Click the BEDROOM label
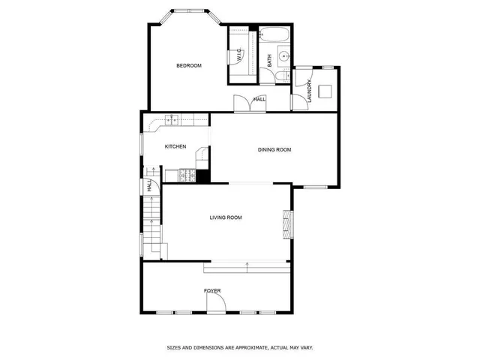tap(189, 66)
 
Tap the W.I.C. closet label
tap(238, 55)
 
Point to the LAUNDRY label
tap(308, 90)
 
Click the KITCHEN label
tap(175, 146)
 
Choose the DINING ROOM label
tap(274, 150)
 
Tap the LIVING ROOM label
tap(226, 217)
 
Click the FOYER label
tap(212, 290)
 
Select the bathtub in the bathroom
tap(274, 34)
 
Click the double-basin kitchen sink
tap(172, 119)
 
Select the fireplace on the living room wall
tap(286, 223)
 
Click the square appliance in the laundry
tap(325, 91)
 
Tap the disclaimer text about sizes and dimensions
tap(239, 347)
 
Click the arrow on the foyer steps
tap(247, 263)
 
